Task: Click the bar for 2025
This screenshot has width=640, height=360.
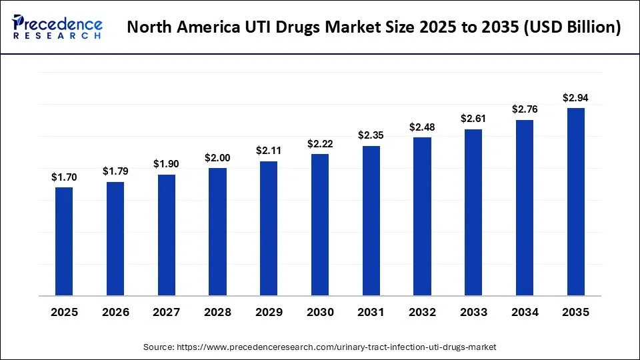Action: (64, 241)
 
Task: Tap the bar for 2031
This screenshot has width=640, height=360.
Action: (371, 221)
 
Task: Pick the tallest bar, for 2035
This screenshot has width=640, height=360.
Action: (575, 202)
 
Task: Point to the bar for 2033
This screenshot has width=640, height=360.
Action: (473, 213)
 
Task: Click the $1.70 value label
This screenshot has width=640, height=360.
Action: (64, 177)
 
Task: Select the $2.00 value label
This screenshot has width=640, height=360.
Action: (217, 158)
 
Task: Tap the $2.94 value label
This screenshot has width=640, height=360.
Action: (575, 98)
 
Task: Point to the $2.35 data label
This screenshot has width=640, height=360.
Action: (371, 135)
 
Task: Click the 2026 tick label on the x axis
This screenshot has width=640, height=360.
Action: (115, 313)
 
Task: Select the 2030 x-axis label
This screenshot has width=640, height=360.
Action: (320, 313)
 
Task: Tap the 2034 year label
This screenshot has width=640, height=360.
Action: (525, 313)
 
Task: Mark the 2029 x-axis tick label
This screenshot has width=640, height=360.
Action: (269, 313)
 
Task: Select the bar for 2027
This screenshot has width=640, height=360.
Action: (167, 235)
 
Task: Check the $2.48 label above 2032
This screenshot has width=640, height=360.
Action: (422, 127)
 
